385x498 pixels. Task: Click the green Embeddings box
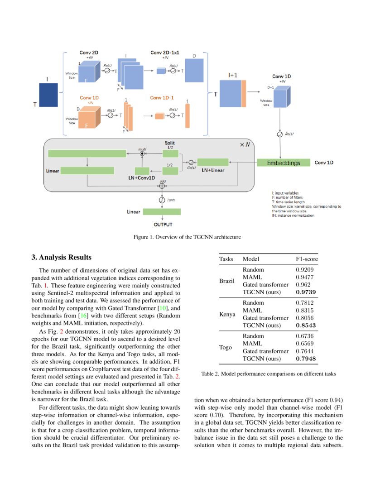click(283, 163)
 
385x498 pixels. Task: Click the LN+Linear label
click(213, 170)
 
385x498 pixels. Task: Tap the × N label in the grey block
click(244, 144)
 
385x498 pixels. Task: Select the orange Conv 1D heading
click(89, 98)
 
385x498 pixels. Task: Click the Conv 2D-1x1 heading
click(165, 53)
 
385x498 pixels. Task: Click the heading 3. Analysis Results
click(62, 258)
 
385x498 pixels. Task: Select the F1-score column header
click(307, 259)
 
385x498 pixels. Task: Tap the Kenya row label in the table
click(227, 314)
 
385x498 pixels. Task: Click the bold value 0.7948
click(305, 359)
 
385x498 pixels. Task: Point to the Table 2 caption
click(268, 374)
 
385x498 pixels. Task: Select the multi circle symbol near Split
click(142, 153)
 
